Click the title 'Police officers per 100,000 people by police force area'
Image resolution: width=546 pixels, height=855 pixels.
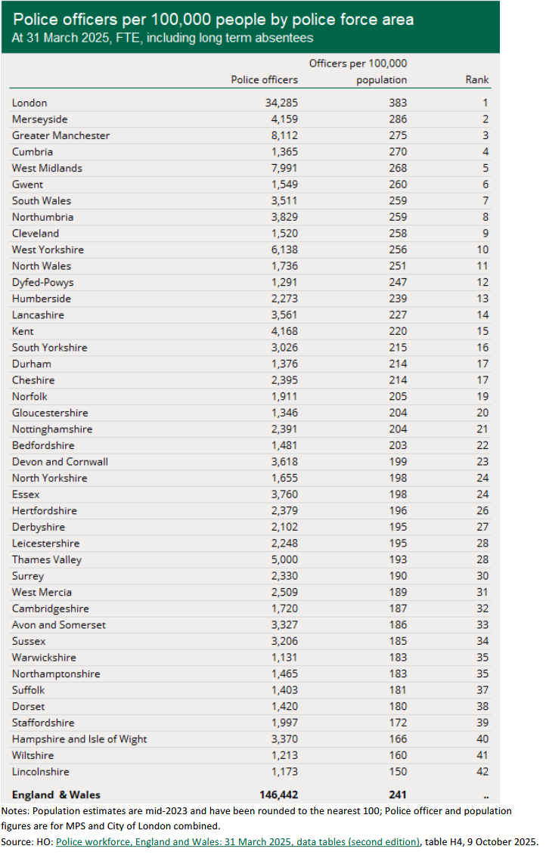213,19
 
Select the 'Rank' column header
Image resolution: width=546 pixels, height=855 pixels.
477,79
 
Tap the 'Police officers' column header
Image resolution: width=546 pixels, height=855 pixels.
264,79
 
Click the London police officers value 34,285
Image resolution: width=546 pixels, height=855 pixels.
279,103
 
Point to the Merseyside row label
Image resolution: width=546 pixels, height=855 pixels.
39,119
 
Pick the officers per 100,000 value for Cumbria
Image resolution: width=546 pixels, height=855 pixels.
397,152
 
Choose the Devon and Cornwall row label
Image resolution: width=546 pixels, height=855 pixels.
60,462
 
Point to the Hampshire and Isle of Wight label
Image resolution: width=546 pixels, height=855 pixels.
79,739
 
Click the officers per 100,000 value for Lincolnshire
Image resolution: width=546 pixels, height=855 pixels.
397,772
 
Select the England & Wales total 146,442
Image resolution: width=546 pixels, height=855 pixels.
277,795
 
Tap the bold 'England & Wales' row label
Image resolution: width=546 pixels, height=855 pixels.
56,795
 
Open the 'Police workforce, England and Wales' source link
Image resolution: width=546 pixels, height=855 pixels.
237,841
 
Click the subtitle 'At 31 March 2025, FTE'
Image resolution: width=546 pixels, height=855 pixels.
162,37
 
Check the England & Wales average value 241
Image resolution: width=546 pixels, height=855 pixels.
397,795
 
